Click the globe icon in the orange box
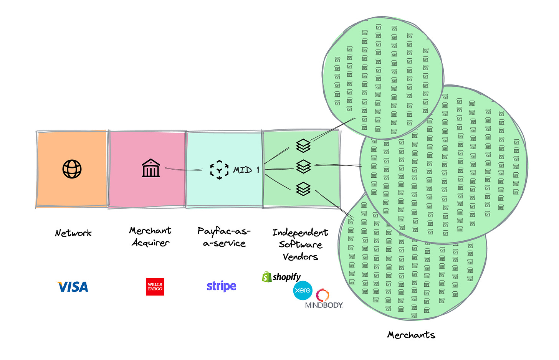[72, 169]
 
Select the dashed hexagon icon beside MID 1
[219, 170]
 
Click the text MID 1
[246, 170]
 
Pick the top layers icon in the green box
[303, 145]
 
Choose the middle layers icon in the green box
[303, 167]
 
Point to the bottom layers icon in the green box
[303, 189]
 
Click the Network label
[73, 233]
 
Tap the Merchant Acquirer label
[150, 236]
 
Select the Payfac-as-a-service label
[224, 237]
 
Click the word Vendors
[300, 257]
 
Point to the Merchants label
[411, 335]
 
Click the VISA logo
[72, 287]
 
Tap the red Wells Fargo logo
[155, 287]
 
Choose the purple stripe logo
[222, 286]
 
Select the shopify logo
[281, 277]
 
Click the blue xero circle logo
[303, 291]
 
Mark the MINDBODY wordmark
[324, 306]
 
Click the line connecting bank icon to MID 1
[184, 169]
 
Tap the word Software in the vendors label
[300, 244]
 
